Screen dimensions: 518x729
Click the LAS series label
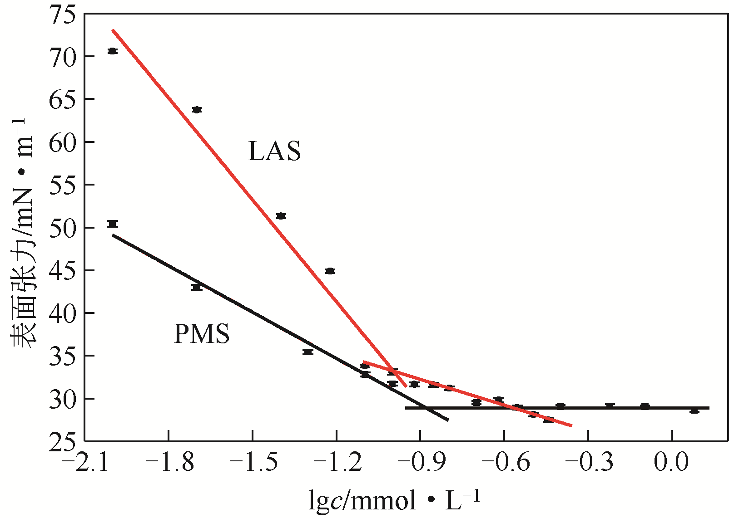[x=274, y=151]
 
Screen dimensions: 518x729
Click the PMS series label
[x=202, y=334]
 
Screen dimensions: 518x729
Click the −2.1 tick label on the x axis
[x=84, y=463]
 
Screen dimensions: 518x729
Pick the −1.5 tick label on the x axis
[x=252, y=463]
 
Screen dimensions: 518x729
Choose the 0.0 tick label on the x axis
[x=671, y=463]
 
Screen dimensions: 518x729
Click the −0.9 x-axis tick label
[x=420, y=463]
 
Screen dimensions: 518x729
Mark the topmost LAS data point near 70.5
[x=112, y=51]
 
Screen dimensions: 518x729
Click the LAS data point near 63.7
[x=197, y=110]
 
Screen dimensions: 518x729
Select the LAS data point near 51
[x=281, y=216]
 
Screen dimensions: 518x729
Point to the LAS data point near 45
[x=330, y=271]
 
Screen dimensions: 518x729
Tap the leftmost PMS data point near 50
[x=112, y=224]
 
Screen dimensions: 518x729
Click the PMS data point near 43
[x=197, y=287]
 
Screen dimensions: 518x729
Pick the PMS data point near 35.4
[x=308, y=352]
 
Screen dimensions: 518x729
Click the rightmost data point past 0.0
[x=694, y=410]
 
